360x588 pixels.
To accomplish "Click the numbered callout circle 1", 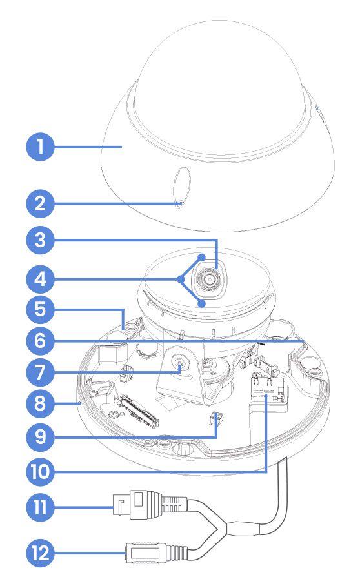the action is point(41,147).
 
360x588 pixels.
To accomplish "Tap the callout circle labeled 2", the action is point(41,203).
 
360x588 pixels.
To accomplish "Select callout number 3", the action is point(41,240).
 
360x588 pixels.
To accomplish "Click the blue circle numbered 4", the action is point(41,279).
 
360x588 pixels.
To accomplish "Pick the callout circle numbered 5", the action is point(41,310).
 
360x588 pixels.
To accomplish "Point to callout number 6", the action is point(41,341).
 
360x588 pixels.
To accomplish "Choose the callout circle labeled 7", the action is point(41,372).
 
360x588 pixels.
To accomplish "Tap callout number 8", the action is point(41,404).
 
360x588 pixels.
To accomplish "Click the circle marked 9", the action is point(41,437).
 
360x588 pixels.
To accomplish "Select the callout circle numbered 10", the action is point(41,472).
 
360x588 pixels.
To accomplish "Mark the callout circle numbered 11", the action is point(41,507).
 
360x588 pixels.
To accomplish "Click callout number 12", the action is point(41,553).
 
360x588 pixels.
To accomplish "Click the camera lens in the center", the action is point(208,279).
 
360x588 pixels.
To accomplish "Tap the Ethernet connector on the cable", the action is point(150,504).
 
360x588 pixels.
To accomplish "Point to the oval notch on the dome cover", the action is point(182,187).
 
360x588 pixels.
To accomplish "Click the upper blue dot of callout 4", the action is point(202,258).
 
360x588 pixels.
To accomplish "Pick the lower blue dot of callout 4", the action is point(202,303).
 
